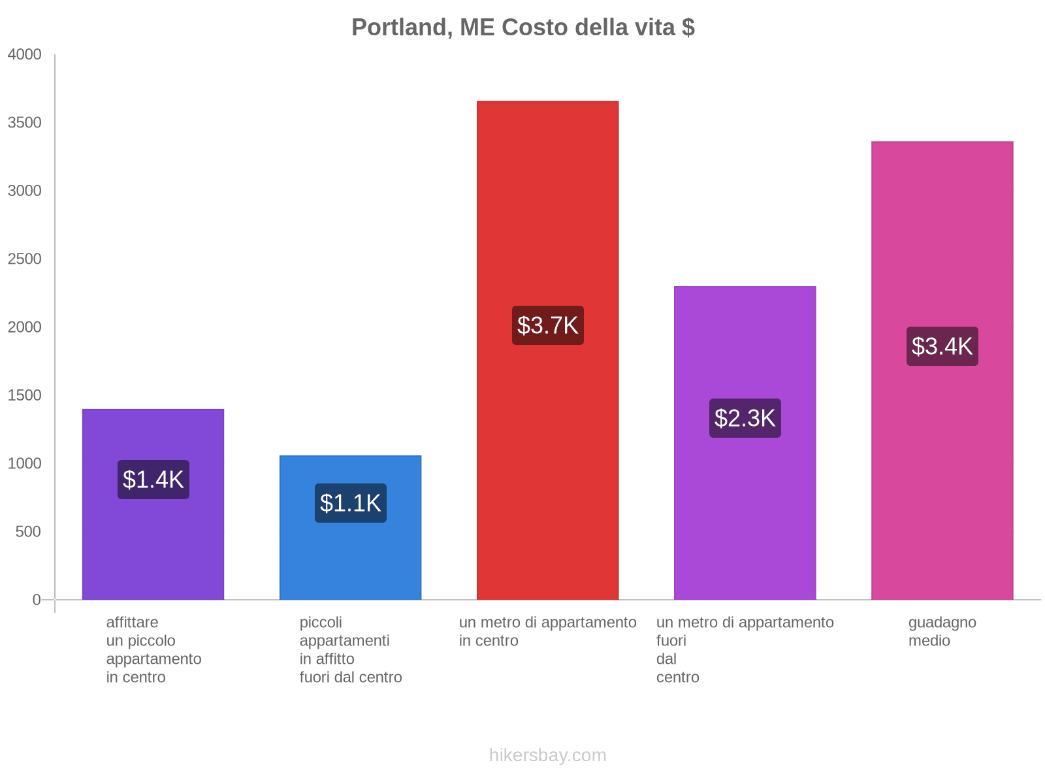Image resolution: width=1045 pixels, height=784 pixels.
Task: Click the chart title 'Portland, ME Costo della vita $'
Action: coord(522,27)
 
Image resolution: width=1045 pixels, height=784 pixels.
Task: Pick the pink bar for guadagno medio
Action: coord(942,457)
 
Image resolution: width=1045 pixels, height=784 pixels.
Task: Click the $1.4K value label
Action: coord(153,480)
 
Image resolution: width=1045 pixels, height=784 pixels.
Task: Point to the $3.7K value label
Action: coord(547,325)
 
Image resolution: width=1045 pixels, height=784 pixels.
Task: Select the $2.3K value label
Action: coord(745,418)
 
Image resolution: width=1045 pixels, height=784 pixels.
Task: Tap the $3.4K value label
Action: coord(942,346)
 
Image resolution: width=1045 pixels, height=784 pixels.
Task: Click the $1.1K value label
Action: coord(350,503)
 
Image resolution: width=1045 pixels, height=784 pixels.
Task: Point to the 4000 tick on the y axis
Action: coord(25,55)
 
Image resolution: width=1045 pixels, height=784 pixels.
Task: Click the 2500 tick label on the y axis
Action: coord(25,259)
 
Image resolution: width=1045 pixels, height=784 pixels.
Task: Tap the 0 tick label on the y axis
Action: coord(37,600)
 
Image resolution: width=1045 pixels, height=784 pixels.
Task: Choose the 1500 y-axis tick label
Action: coord(25,395)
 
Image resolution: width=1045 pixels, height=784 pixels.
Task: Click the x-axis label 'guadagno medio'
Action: coord(942,631)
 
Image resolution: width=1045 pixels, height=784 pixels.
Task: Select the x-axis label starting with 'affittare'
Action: coord(153,649)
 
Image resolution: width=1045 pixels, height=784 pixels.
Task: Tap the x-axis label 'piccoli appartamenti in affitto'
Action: coord(350,649)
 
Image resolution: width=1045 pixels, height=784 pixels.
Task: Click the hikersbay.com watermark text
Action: coord(547,755)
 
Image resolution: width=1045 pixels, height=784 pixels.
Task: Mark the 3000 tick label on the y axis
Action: coord(25,191)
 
